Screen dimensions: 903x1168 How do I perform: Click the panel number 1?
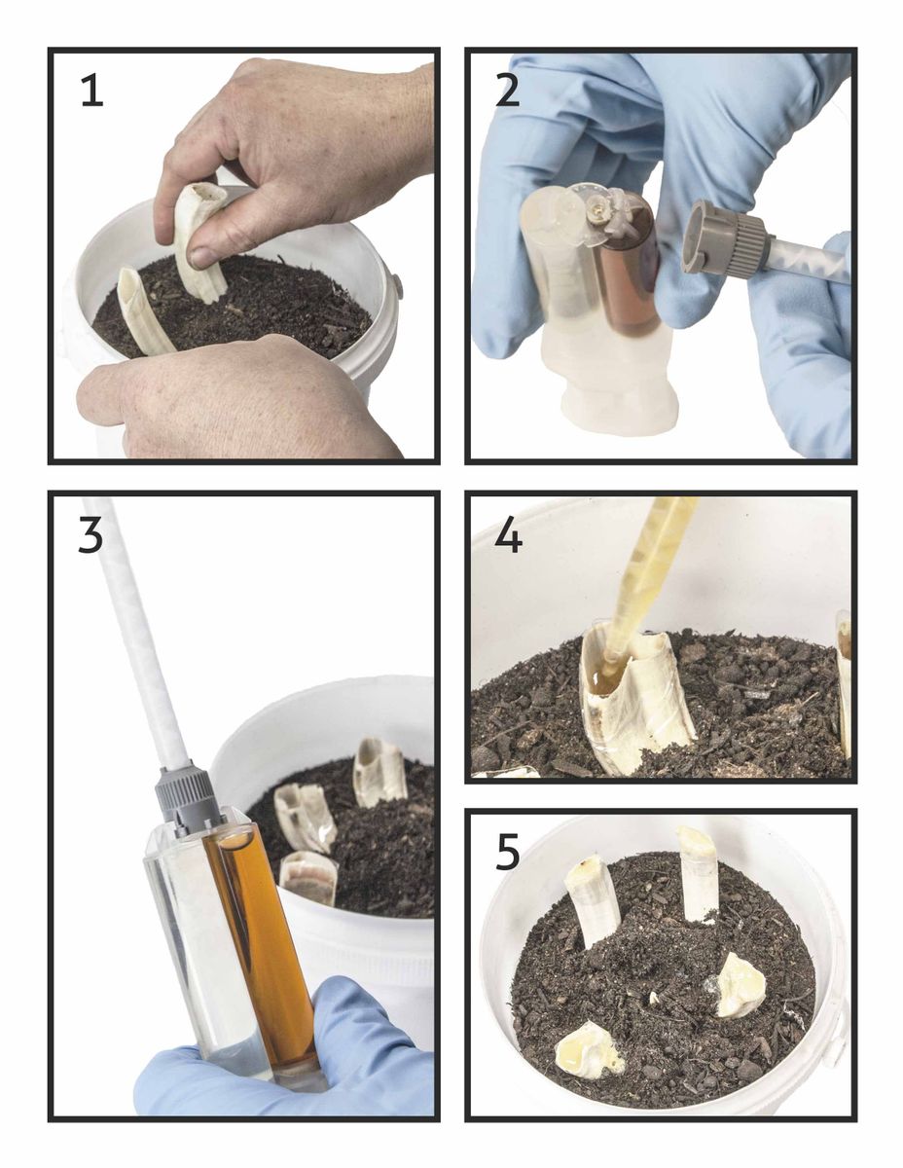coord(91,91)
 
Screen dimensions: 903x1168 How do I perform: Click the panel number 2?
coord(507,90)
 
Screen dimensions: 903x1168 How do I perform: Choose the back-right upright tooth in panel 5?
coord(698,876)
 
